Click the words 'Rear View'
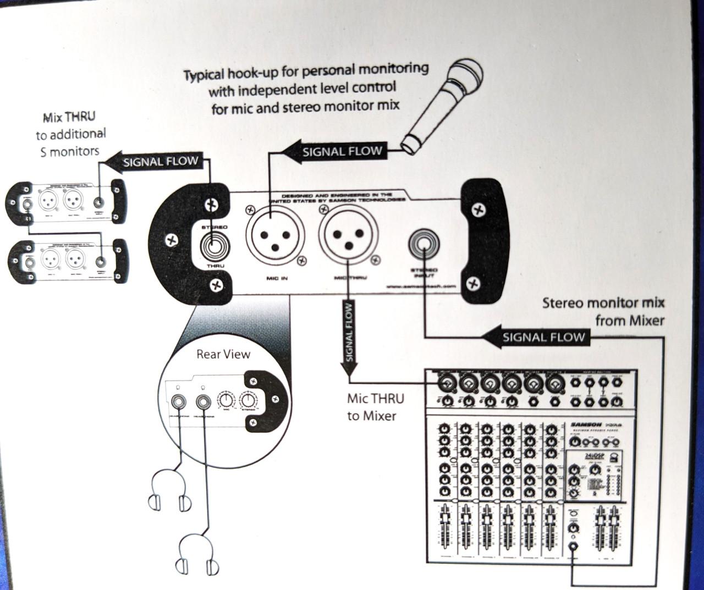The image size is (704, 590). click(x=223, y=354)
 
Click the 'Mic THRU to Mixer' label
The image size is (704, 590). click(x=375, y=407)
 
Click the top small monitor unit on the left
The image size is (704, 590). click(x=66, y=202)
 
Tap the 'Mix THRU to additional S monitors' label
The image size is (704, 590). click(x=70, y=134)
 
